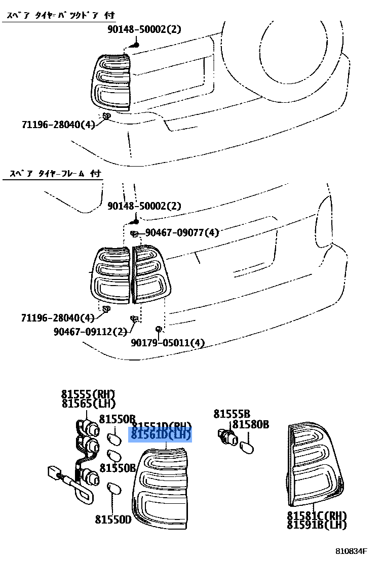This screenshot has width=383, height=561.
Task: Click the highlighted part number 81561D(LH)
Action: click(161, 435)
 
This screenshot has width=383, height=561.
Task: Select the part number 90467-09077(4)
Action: click(182, 232)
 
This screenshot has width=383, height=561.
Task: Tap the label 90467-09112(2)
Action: click(90, 332)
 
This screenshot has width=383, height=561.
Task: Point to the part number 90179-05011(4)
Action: click(168, 343)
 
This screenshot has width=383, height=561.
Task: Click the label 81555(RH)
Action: click(89, 394)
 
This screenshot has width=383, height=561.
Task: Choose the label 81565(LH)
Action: click(89, 404)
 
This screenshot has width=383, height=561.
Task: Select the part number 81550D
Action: click(112, 519)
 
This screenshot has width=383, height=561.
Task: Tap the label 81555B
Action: click(232, 414)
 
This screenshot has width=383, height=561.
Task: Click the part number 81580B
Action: click(251, 424)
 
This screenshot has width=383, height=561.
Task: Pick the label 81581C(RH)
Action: click(317, 515)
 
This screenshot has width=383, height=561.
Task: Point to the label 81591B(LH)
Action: click(317, 525)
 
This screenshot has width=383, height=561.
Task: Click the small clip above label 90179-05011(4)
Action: click(159, 329)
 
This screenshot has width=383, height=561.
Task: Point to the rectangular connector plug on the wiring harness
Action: click(53, 473)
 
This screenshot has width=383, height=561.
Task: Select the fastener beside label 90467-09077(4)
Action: click(134, 233)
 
